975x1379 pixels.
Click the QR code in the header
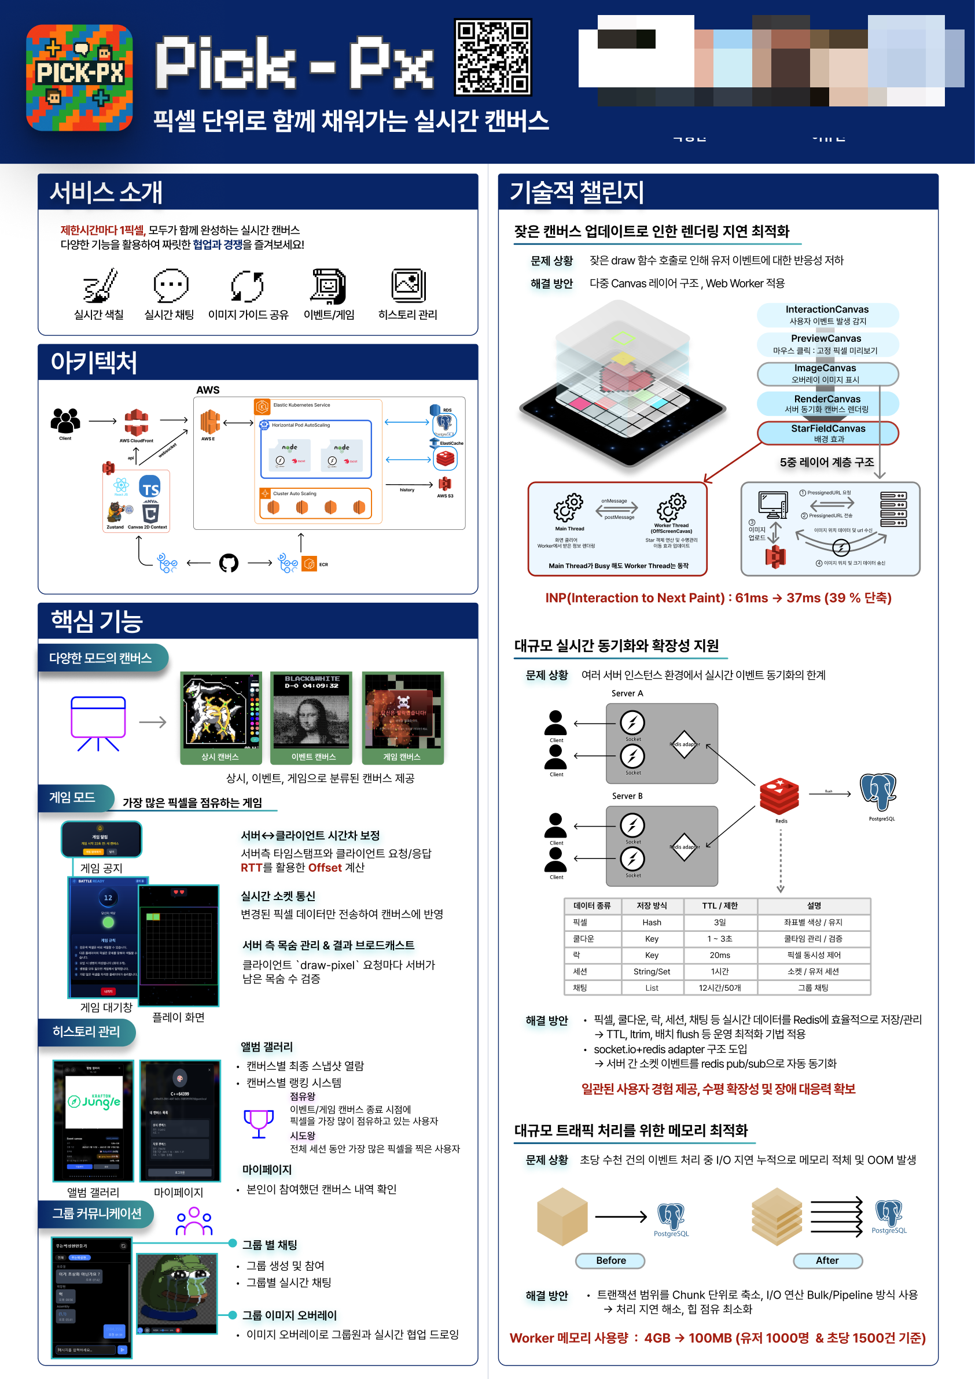coord(492,57)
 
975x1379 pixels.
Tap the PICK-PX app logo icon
coord(79,78)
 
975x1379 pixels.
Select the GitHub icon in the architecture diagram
coord(229,563)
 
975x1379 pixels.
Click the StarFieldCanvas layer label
coord(827,433)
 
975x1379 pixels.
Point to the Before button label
coord(610,1260)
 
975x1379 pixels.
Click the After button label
coord(827,1260)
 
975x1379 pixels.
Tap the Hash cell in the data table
coord(651,922)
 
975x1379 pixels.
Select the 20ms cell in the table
coord(720,955)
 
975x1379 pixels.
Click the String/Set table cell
coord(651,971)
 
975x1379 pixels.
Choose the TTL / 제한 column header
coord(720,906)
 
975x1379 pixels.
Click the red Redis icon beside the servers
coord(779,796)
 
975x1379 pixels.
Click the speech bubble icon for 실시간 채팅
coord(171,285)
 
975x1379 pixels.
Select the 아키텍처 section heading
coord(94,362)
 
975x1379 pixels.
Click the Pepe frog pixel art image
coord(176,1291)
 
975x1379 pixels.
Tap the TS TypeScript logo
coord(150,488)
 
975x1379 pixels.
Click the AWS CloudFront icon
coord(137,422)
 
